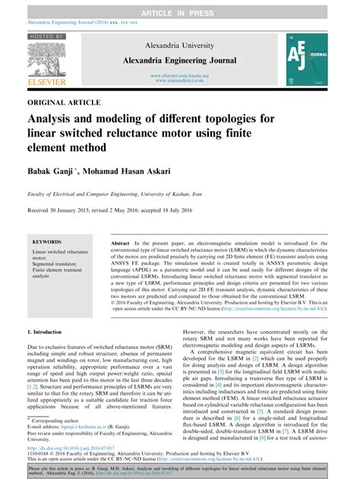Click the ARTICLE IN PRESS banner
[180, 6]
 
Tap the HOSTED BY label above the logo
[46, 35]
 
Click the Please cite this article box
[180, 471]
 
